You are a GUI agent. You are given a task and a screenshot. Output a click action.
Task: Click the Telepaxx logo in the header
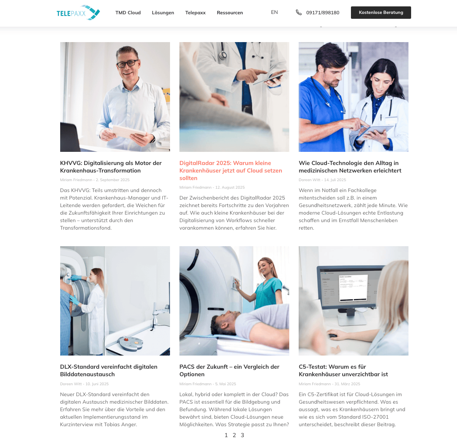[x=78, y=12]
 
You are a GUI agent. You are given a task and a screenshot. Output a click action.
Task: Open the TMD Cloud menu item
[x=128, y=12]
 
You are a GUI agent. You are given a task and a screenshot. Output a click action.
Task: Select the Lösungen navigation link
[x=163, y=12]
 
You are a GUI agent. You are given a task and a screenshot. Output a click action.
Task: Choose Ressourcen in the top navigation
[x=230, y=12]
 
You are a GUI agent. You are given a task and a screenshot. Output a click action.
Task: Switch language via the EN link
[x=275, y=12]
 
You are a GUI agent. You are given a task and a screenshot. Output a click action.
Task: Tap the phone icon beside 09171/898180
[x=299, y=12]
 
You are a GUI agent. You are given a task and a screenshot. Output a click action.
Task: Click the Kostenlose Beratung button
[x=381, y=12]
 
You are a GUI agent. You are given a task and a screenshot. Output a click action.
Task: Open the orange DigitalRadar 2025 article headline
[x=231, y=170]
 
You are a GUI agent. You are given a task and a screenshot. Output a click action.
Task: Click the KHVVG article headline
[x=111, y=166]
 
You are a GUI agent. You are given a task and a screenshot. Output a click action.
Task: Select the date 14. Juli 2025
[x=335, y=180]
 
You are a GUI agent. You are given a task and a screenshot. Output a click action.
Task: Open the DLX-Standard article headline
[x=109, y=371]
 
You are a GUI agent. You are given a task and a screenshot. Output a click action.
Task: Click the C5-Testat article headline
[x=343, y=371]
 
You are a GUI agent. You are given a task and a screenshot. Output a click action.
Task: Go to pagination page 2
[x=234, y=435]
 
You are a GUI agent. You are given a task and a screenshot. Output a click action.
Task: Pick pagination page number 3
[x=242, y=435]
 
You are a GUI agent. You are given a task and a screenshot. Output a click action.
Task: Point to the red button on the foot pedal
[x=126, y=339]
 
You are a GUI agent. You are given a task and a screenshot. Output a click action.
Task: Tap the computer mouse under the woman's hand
[x=333, y=336]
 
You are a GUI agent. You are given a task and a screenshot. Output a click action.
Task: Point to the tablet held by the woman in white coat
[x=375, y=132]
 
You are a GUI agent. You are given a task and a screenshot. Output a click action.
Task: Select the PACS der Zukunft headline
[x=229, y=371]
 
